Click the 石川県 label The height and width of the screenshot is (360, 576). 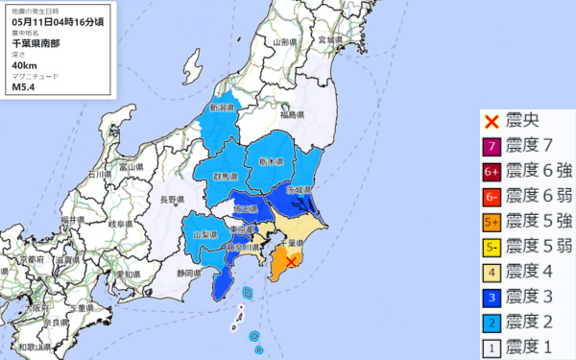[97, 176]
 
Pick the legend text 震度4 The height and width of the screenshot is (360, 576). [535, 272]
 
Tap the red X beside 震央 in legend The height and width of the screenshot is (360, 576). [491, 122]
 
